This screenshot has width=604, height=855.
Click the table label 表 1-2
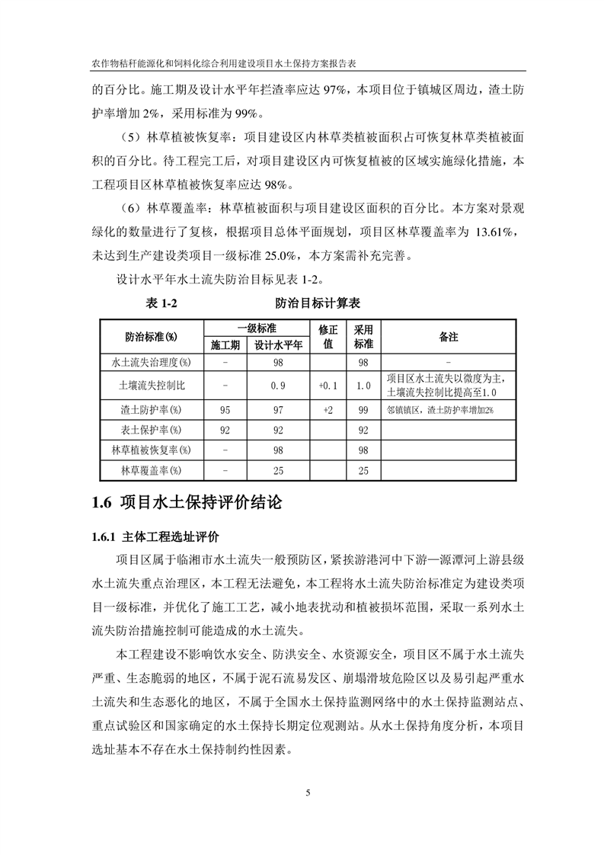pos(161,304)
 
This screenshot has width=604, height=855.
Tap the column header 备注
pos(449,336)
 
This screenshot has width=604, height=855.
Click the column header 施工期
pos(225,344)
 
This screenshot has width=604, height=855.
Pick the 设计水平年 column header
pos(278,344)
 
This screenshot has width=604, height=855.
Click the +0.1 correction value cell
pos(328,386)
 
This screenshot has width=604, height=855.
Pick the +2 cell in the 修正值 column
pos(328,411)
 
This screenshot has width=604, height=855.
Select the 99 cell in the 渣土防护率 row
pos(363,411)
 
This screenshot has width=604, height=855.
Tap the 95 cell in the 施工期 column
pos(225,411)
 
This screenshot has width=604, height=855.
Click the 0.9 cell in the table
pos(278,386)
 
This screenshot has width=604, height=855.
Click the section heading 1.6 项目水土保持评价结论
pos(187,503)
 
